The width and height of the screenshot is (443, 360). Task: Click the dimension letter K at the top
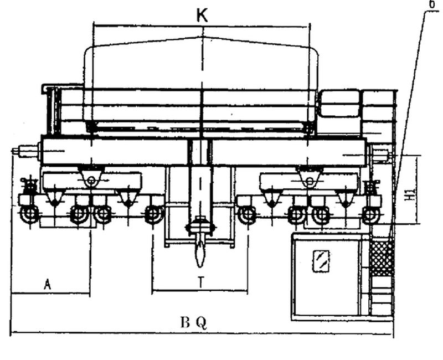(x=202, y=16)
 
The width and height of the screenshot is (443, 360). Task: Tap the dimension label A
(x=48, y=284)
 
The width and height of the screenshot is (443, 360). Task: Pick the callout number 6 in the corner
(x=431, y=4)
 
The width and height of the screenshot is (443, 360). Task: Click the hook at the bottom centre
(x=199, y=255)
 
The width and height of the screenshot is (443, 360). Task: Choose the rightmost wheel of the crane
(x=370, y=214)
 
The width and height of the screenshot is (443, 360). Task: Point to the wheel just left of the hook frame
(x=154, y=214)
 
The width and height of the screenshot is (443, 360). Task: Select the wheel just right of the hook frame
(x=246, y=214)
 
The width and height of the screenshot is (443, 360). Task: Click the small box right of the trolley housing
(x=339, y=104)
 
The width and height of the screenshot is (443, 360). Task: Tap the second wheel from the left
(x=79, y=214)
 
